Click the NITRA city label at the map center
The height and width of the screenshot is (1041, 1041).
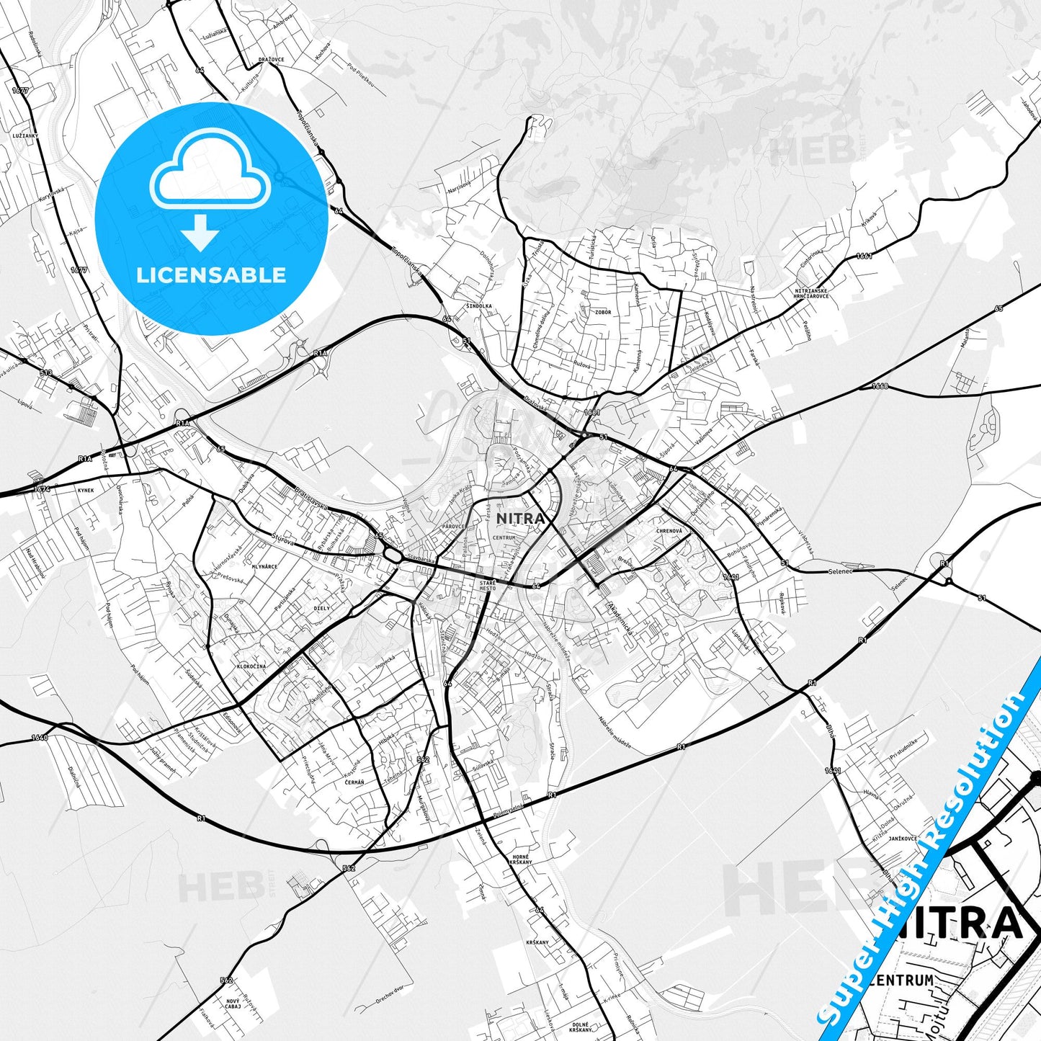[x=519, y=518]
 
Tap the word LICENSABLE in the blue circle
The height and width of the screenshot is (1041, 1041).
[x=211, y=274]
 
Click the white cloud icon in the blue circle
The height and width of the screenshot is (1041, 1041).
[x=210, y=172]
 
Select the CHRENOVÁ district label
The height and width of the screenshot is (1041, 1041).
[x=669, y=531]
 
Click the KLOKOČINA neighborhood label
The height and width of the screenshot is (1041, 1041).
[x=251, y=666]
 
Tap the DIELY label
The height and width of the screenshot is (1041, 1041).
[x=321, y=608]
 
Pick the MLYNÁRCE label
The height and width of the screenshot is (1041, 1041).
[x=264, y=567]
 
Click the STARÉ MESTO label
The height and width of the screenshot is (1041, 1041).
[x=488, y=584]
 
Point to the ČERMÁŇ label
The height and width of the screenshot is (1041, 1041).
[x=354, y=782]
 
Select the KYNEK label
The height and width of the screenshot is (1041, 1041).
[x=85, y=489]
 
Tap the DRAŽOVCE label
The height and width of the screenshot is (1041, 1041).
[x=271, y=60]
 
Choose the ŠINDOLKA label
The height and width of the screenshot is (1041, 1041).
[x=478, y=305]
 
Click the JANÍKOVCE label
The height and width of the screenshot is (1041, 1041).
[x=902, y=838]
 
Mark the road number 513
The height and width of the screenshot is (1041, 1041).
[x=47, y=372]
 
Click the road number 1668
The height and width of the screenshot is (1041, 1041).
[x=880, y=386]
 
